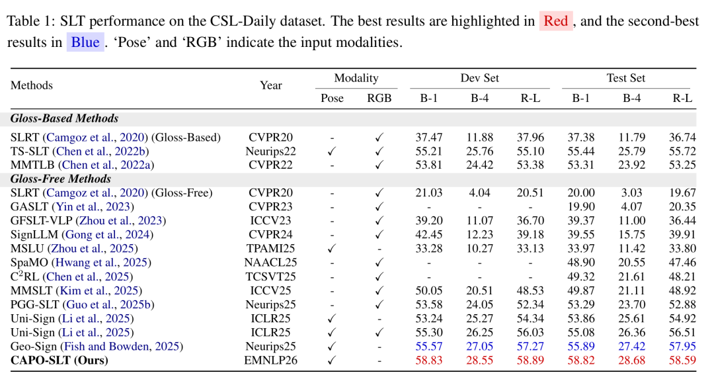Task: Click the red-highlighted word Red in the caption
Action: [x=555, y=21]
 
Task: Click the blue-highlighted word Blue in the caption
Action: [x=85, y=42]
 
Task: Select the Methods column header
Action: [x=32, y=85]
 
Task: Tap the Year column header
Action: [x=270, y=85]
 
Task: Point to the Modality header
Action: [x=356, y=78]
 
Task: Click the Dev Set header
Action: [x=479, y=78]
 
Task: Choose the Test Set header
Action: [x=625, y=78]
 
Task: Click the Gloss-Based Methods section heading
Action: [x=64, y=118]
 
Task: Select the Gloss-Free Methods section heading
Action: [x=61, y=179]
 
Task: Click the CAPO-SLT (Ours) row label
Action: [x=59, y=361]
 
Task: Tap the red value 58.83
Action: [x=428, y=361]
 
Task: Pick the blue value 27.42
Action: [x=631, y=346]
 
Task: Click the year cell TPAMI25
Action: [x=270, y=248]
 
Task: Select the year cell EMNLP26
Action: [x=270, y=361]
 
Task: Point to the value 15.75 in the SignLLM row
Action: [x=631, y=235]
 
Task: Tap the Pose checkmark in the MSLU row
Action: [x=331, y=248]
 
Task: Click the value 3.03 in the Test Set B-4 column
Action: [x=631, y=192]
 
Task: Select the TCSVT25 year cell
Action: [x=270, y=277]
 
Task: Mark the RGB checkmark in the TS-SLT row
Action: [x=379, y=151]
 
